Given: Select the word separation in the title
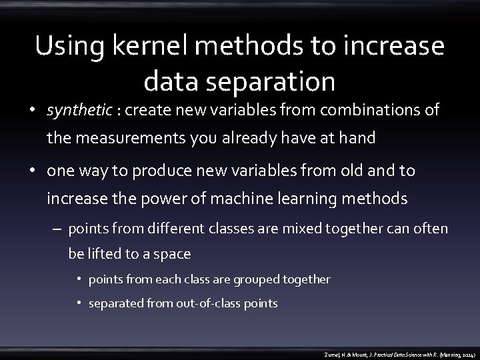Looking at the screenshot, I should (x=274, y=81).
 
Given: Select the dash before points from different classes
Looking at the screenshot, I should (x=57, y=229).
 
